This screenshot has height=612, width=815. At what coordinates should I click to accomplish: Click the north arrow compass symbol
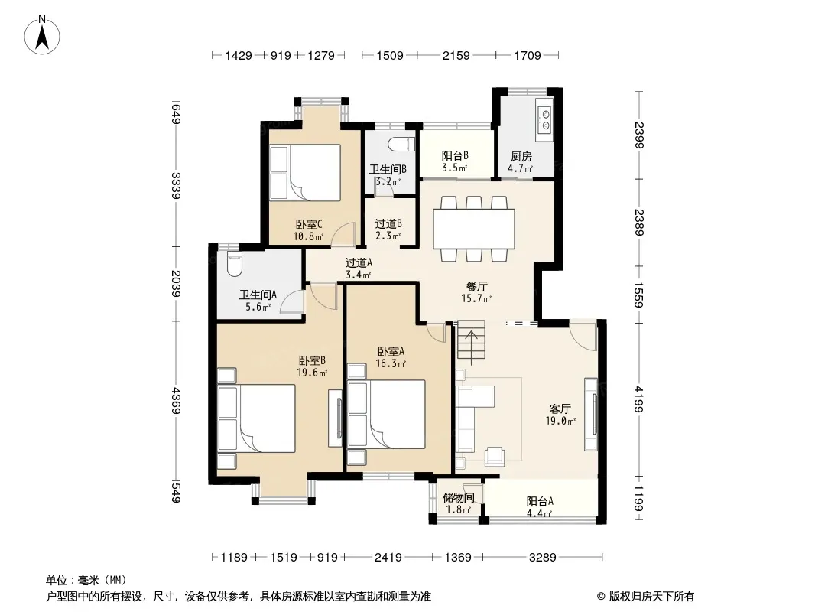point(42,35)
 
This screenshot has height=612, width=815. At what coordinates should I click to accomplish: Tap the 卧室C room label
point(309,225)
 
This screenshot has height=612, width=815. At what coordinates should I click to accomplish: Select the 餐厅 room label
point(476,287)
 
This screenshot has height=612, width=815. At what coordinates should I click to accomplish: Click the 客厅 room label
point(560,409)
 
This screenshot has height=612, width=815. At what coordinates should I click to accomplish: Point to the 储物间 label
point(459,497)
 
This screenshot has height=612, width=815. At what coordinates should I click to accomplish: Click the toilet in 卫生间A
point(235,264)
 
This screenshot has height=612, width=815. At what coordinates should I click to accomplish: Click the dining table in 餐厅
point(474,229)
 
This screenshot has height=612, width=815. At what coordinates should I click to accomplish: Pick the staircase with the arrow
point(471,343)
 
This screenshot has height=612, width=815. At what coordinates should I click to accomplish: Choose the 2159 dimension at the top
point(456,55)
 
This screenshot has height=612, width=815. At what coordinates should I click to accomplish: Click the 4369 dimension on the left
point(176,400)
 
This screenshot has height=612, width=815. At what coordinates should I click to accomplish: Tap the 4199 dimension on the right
point(639,399)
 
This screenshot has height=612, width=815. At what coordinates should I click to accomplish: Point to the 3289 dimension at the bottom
point(542,558)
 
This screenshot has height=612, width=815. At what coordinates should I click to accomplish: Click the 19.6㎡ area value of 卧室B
point(312,373)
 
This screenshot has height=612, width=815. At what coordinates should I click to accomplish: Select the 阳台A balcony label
point(540,501)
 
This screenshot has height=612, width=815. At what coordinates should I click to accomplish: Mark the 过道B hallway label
point(388,223)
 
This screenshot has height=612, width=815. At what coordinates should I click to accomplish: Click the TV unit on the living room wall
point(591,415)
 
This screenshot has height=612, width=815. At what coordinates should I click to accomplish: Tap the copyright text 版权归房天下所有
point(651,597)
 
